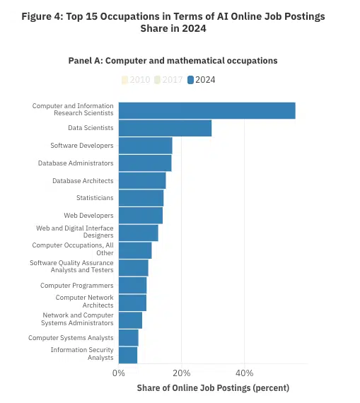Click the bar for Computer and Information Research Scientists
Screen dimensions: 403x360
click(x=207, y=110)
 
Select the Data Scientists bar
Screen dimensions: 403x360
click(x=165, y=128)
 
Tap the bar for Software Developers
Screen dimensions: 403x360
click(x=145, y=146)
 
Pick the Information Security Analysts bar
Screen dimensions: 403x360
click(x=128, y=355)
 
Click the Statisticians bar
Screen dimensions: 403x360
click(x=141, y=198)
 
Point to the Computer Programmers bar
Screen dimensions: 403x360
click(x=132, y=285)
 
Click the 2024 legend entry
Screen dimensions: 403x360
click(x=202, y=80)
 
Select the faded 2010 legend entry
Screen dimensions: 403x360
click(x=136, y=80)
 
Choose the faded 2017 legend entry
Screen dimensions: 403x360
click(x=168, y=80)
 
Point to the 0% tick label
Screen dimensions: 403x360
click(x=118, y=373)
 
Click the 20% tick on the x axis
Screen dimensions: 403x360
click(x=181, y=373)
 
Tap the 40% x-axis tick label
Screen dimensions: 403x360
click(x=244, y=373)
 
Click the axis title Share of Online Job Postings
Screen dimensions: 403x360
click(x=213, y=388)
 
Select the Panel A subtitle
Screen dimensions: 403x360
click(x=173, y=61)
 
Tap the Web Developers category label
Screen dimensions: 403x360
click(x=88, y=216)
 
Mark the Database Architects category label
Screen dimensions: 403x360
click(x=83, y=180)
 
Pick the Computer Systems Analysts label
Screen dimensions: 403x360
click(x=71, y=338)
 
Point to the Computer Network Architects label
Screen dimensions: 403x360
click(x=84, y=303)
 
